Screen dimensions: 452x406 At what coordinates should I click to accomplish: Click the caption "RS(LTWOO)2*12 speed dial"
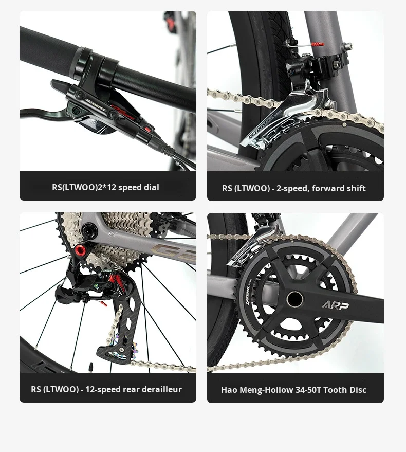pos(105,187)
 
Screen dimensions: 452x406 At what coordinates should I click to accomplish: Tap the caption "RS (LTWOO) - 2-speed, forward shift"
pos(293,188)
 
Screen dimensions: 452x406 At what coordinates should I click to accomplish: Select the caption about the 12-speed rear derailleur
pos(106,389)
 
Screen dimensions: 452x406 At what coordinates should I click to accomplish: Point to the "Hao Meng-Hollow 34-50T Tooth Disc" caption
pos(293,390)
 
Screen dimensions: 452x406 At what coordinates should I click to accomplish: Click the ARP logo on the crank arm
pos(335,305)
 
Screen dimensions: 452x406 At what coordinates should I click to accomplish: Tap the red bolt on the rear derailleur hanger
pos(81,252)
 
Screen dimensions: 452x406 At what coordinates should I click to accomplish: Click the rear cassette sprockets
pos(123,226)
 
